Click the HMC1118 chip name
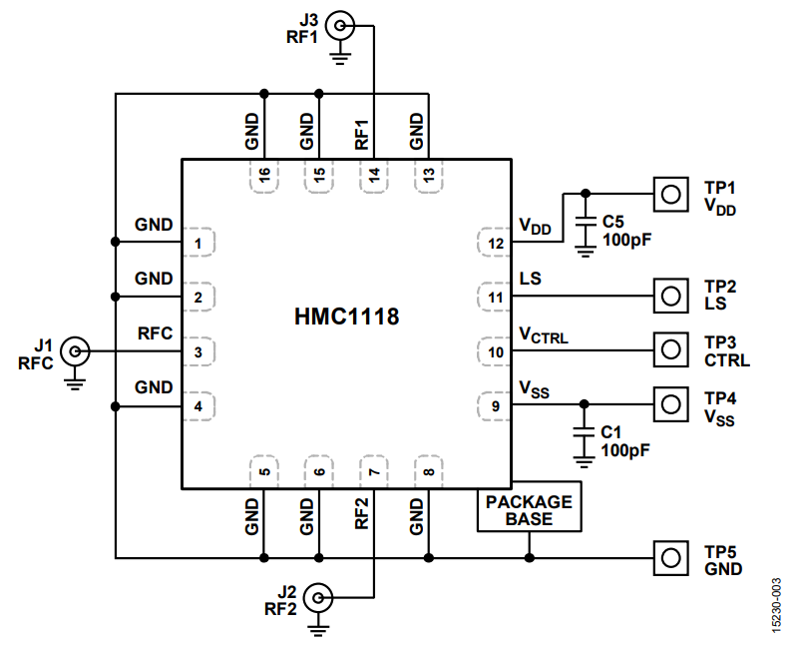pos(346,319)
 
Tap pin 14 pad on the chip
pos(373,176)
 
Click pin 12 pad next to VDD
pos(494,243)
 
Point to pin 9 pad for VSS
pos(494,405)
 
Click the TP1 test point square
pos(670,194)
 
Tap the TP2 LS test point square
pos(670,296)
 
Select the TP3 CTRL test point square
pos(670,349)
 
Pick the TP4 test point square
pos(670,403)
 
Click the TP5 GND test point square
pos(670,557)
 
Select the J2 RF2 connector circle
pos(318,598)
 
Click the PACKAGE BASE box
pos(529,510)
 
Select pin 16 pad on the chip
pos(264,176)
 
